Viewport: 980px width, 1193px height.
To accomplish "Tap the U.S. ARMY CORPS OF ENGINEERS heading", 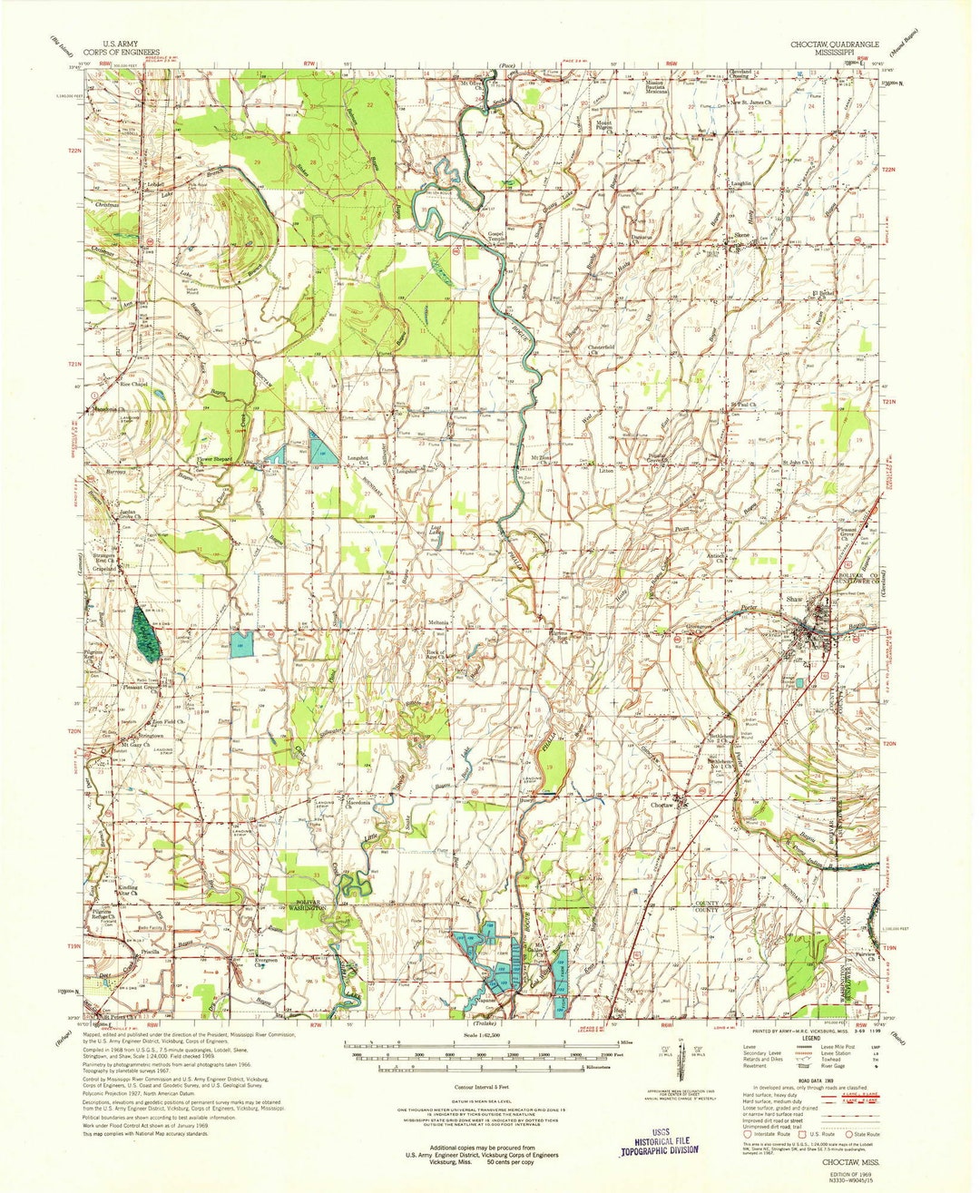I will (132, 48).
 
